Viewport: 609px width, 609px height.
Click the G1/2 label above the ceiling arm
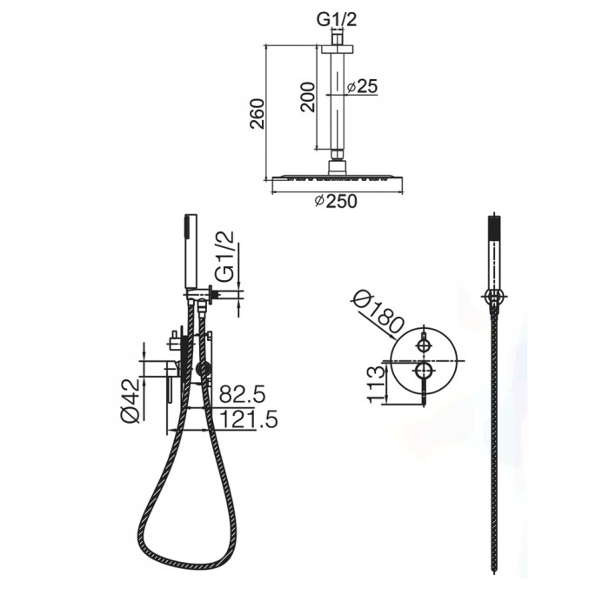pyautogui.click(x=337, y=20)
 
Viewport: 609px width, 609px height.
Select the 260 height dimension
pyautogui.click(x=258, y=113)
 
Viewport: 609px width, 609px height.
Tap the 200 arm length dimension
pyautogui.click(x=308, y=97)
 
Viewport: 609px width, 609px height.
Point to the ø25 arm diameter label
pyautogui.click(x=362, y=87)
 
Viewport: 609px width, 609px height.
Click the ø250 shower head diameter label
pyautogui.click(x=336, y=201)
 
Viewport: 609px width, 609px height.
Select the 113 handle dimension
pyautogui.click(x=376, y=385)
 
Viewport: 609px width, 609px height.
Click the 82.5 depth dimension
pyautogui.click(x=242, y=395)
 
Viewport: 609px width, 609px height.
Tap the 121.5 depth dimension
pyautogui.click(x=249, y=419)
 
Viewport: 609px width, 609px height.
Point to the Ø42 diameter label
pyautogui.click(x=130, y=400)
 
